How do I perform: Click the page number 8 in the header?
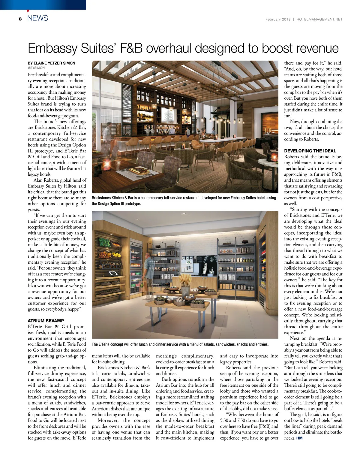[20, 19]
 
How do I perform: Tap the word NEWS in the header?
[37, 18]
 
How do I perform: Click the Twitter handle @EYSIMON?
[36, 68]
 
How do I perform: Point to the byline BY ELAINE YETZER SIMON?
[52, 63]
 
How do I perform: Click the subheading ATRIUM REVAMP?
[46, 321]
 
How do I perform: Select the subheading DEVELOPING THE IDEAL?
[310, 151]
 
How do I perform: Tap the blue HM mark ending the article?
[299, 438]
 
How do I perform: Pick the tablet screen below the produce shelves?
[113, 273]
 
